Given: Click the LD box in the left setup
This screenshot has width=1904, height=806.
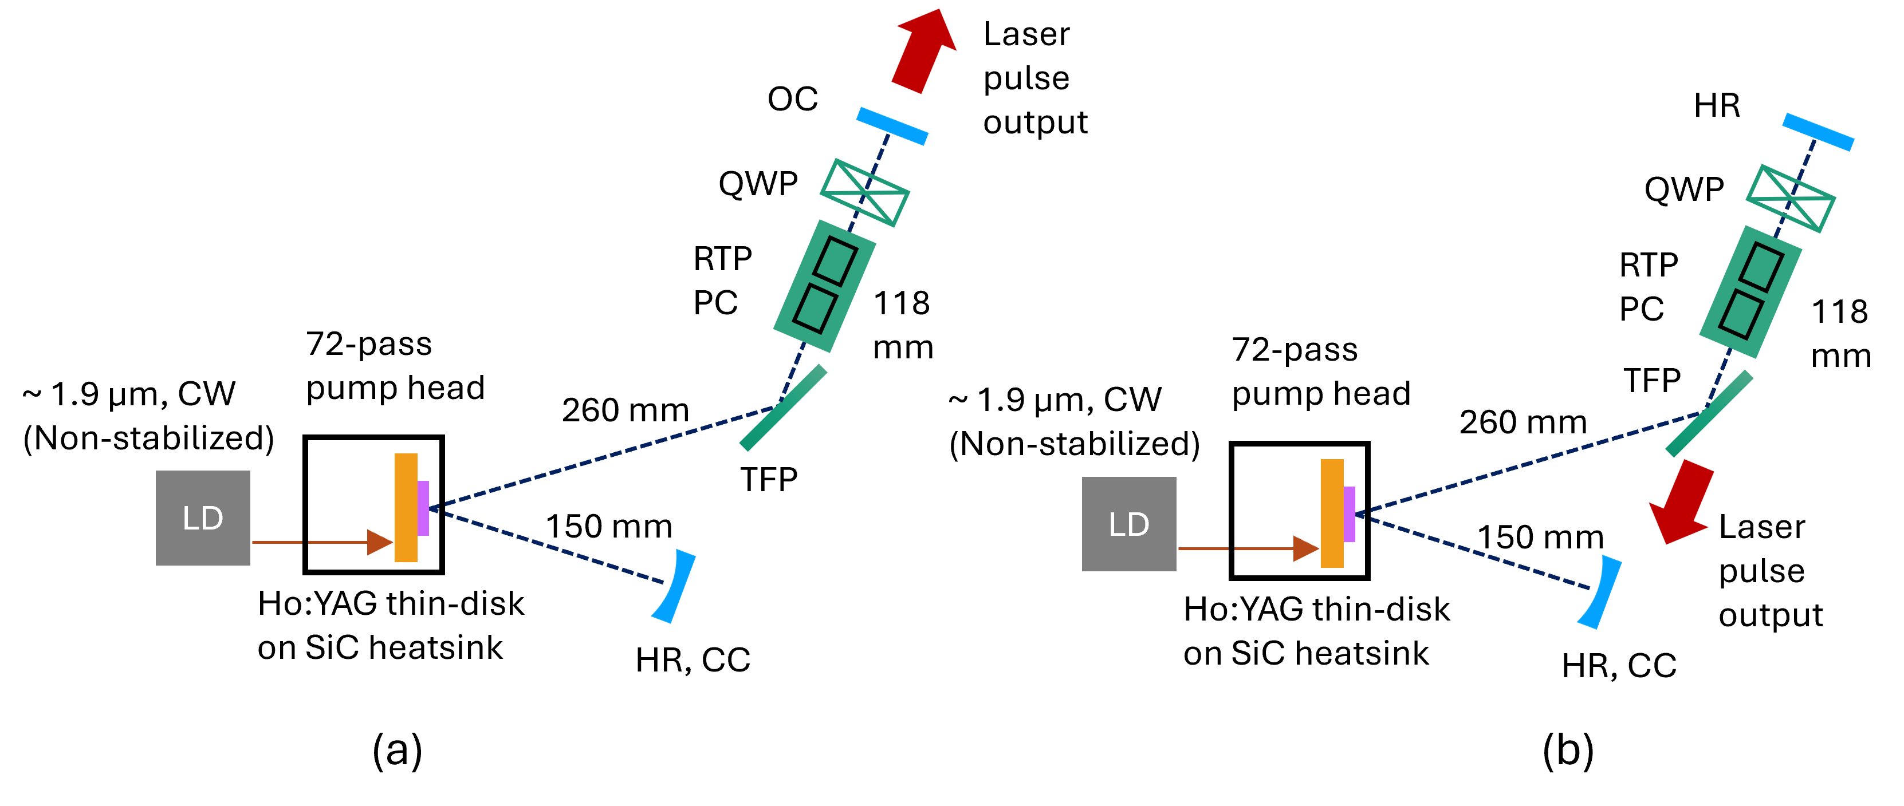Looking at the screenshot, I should coord(203,518).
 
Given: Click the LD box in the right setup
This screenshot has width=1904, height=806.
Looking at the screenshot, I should coord(1128,524).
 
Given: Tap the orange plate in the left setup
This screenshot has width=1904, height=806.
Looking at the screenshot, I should coord(406,508).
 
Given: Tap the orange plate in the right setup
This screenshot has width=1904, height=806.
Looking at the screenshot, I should coord(1332,513).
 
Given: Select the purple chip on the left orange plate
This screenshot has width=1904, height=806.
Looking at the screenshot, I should coord(423,508).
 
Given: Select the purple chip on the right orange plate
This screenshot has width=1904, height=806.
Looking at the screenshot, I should coord(1349,514).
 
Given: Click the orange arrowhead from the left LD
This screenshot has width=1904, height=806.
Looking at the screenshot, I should coord(379,542).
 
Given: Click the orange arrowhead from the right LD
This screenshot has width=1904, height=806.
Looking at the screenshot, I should coord(1305,549).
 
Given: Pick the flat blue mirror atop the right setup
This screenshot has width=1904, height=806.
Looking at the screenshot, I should coord(1818,132).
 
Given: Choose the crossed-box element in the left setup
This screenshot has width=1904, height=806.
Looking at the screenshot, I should coord(865,193).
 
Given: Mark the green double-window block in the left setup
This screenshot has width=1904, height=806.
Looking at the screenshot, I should coord(825,285).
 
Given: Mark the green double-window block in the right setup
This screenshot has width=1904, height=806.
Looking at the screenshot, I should coord(1750,291).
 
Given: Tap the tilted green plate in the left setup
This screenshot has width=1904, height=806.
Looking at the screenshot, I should coord(783,408).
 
